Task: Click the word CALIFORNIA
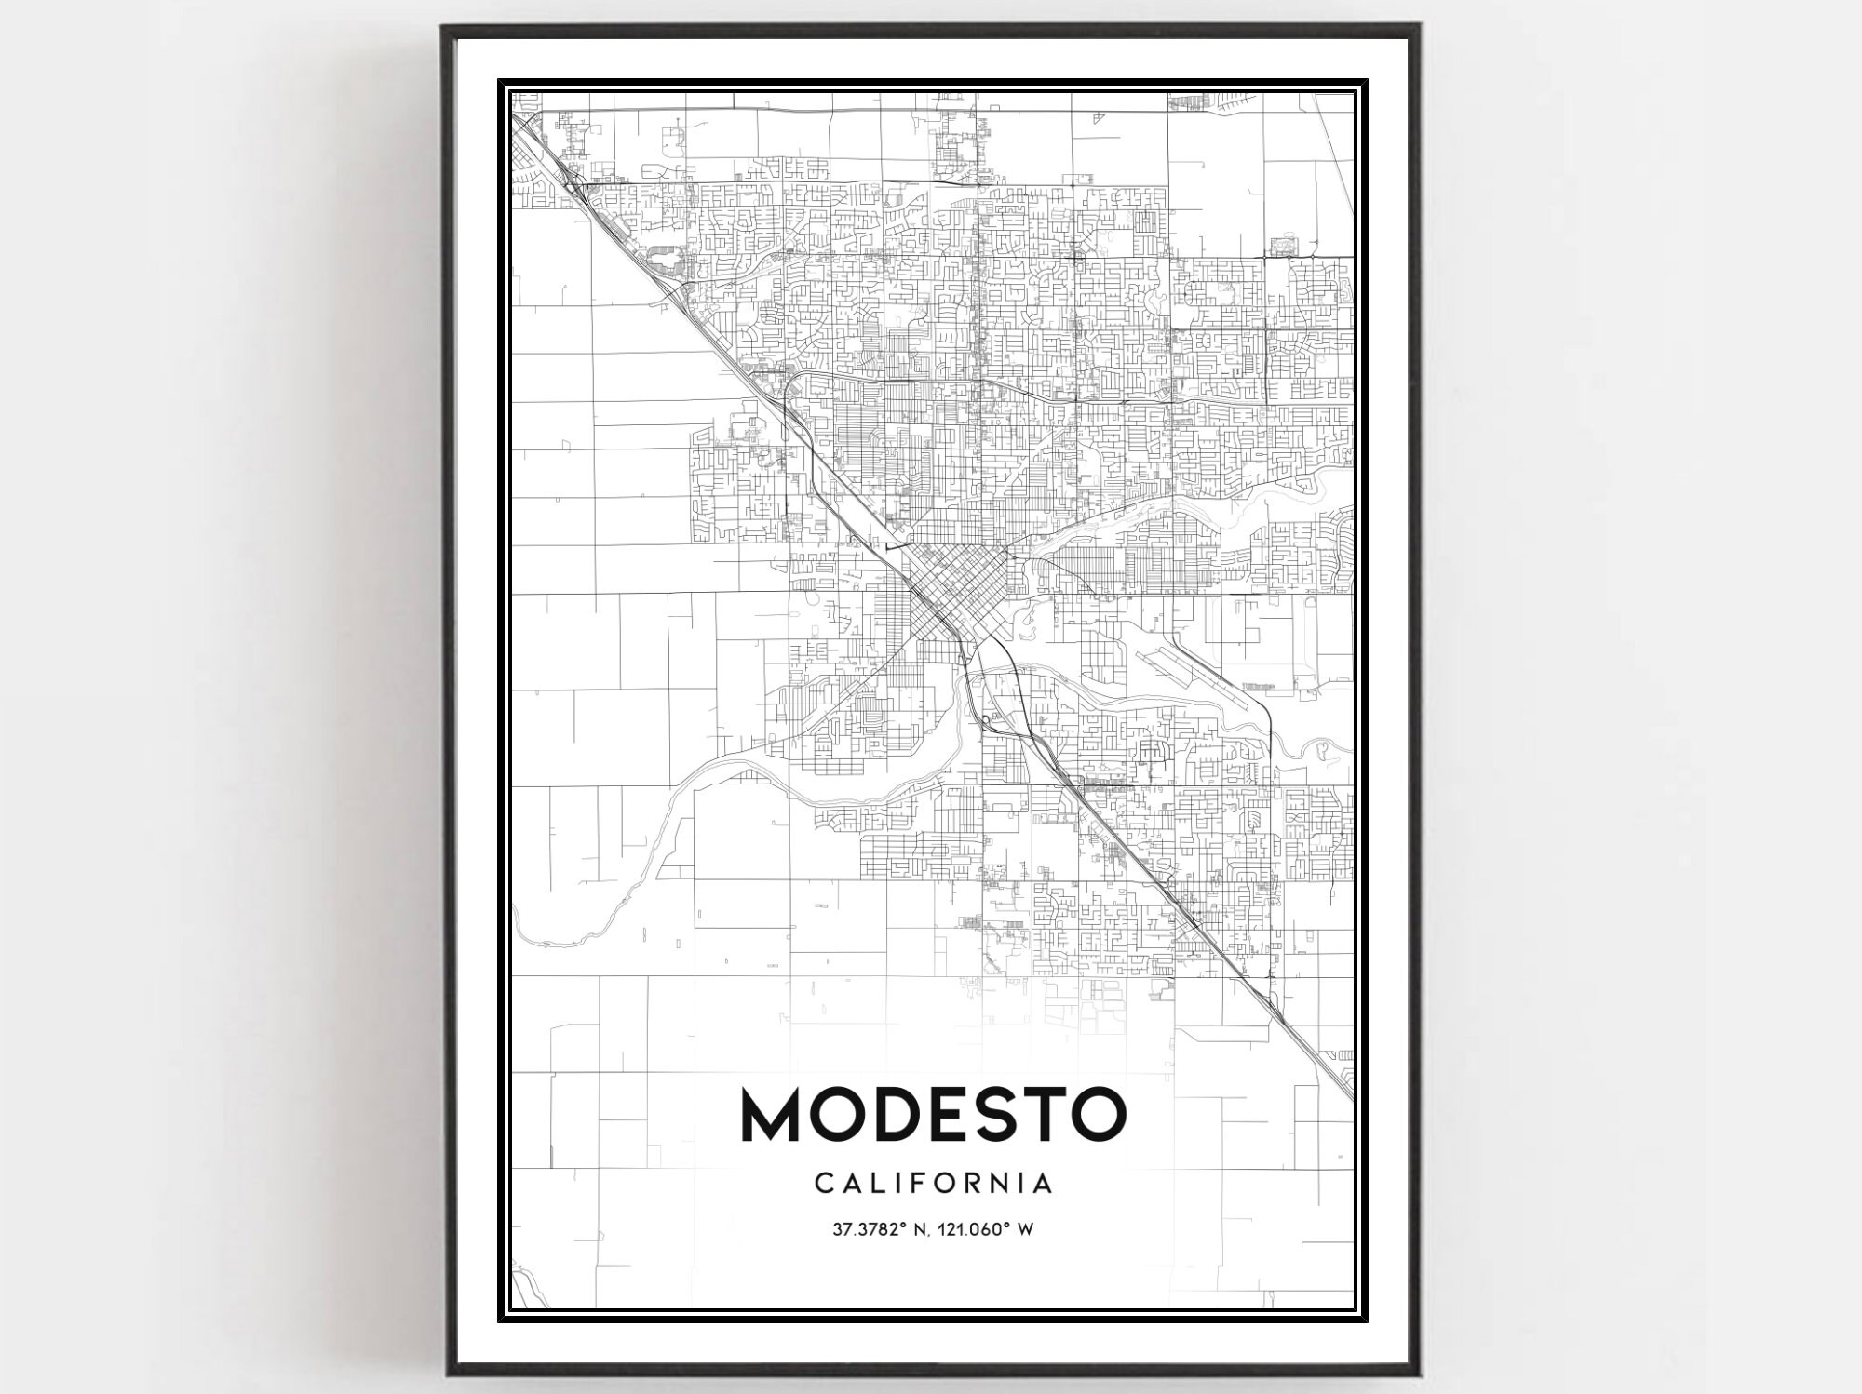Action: coord(934,1184)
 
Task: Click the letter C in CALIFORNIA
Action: coord(824,1184)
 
